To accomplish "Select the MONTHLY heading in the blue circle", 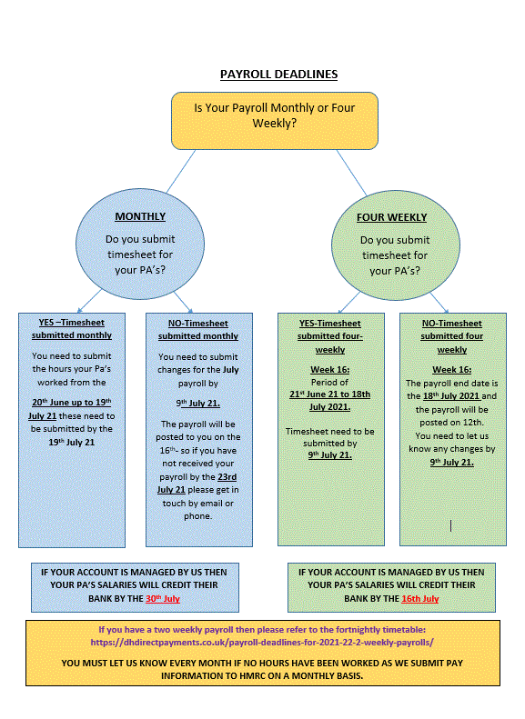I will (x=140, y=216).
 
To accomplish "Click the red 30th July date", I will (x=163, y=599).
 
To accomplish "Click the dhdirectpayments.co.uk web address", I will (x=262, y=642).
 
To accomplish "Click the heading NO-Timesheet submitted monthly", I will (x=197, y=329).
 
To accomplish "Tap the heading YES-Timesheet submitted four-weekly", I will (x=329, y=336).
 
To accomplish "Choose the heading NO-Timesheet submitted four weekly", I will (x=451, y=336).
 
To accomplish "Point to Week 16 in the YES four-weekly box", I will (x=329, y=370).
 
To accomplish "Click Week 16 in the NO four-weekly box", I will (x=451, y=370).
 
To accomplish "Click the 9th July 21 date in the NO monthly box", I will (x=197, y=404).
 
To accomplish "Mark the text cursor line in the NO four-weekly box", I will (x=451, y=524).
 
